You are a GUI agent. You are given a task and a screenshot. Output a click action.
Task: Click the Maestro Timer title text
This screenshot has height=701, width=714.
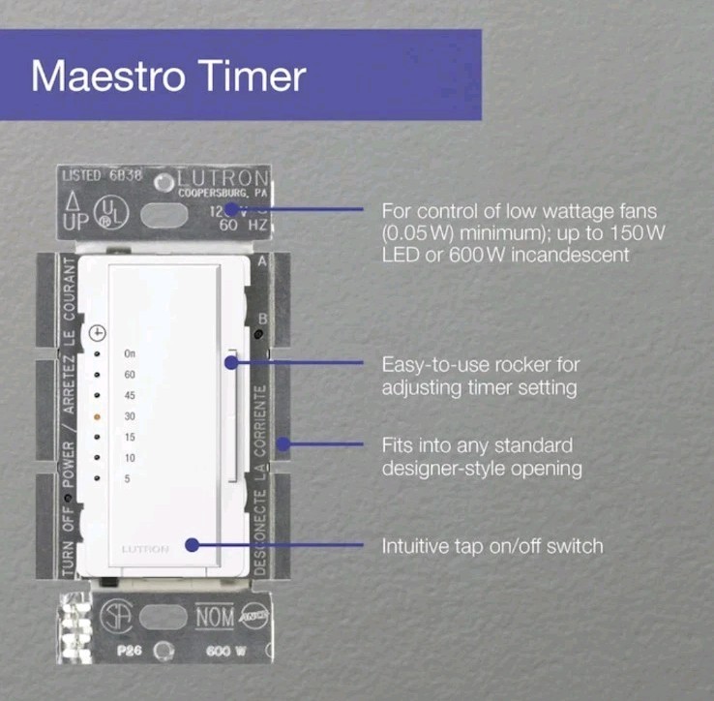[168, 76]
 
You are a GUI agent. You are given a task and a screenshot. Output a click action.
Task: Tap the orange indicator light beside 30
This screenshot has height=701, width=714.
[98, 414]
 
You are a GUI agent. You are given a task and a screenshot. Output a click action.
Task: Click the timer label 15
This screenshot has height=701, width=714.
[130, 436]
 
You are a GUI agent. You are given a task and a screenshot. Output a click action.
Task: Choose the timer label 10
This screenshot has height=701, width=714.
[130, 457]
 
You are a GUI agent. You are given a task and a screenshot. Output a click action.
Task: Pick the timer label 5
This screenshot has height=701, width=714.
[127, 478]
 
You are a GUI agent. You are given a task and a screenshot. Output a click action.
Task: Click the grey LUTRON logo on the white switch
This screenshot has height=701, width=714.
[145, 549]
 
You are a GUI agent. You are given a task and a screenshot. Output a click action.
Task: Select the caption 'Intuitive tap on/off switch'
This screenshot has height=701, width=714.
[492, 546]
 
